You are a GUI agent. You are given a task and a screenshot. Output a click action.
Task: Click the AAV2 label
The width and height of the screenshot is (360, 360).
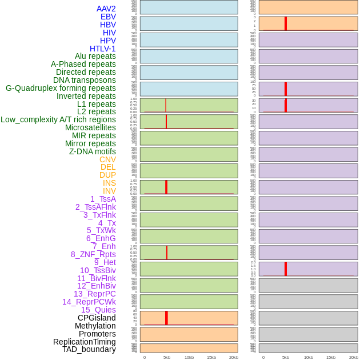click(x=106, y=9)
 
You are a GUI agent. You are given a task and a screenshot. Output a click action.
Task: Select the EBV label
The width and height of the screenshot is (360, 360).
click(x=108, y=17)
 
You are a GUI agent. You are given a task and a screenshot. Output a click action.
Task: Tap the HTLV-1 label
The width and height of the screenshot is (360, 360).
click(x=102, y=49)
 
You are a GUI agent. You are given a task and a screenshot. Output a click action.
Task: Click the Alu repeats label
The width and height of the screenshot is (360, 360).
click(x=95, y=57)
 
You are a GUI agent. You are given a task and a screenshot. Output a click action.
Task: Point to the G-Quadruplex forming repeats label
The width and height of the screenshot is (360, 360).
click(x=61, y=89)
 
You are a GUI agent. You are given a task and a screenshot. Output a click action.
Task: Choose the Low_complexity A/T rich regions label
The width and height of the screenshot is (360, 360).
click(x=58, y=119)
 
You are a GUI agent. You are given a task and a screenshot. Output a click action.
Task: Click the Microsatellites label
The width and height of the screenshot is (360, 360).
click(x=90, y=127)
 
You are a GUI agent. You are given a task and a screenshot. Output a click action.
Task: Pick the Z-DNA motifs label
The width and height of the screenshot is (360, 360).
click(x=92, y=151)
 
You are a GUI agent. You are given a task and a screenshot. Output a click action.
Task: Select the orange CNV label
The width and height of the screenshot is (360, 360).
click(x=107, y=159)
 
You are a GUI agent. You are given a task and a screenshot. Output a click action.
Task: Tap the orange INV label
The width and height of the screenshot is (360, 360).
click(x=109, y=191)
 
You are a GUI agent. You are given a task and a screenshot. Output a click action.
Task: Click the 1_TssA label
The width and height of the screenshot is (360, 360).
click(x=103, y=199)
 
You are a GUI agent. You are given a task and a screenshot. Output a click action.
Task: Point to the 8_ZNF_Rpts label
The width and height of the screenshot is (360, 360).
click(x=93, y=254)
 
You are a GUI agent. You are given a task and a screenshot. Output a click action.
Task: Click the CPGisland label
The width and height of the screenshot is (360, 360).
click(x=97, y=318)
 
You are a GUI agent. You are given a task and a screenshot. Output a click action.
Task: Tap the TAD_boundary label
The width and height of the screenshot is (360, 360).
click(x=89, y=349)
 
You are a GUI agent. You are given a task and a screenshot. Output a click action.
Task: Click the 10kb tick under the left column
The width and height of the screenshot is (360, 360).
click(x=189, y=357)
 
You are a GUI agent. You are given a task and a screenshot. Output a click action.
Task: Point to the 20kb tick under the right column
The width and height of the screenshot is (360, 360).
click(x=353, y=357)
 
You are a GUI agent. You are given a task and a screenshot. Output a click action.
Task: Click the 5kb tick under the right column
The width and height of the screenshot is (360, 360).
click(x=286, y=357)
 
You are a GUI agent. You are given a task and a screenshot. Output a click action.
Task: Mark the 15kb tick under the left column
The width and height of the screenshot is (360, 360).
click(x=211, y=357)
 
